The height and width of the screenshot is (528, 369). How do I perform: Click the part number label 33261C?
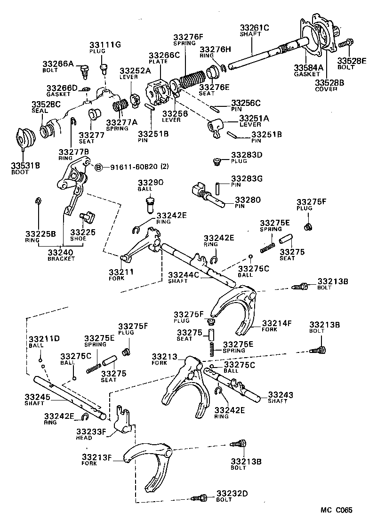pyautogui.click(x=254, y=28)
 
